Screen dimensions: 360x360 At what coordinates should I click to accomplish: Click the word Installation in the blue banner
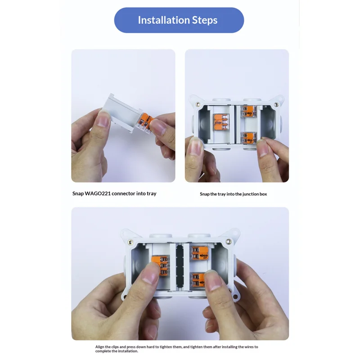pyautogui.click(x=164, y=20)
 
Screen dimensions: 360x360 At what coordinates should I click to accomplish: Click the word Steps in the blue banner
pyautogui.click(x=205, y=21)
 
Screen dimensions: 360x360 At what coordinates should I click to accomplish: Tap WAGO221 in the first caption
pyautogui.click(x=97, y=193)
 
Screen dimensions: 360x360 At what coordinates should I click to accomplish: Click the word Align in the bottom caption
pyautogui.click(x=99, y=347)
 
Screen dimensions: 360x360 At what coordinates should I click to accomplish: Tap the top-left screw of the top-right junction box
pyautogui.click(x=198, y=104)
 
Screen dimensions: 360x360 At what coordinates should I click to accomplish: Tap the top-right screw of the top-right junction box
pyautogui.click(x=277, y=104)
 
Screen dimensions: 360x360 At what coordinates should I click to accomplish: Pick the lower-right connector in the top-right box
pyautogui.click(x=249, y=138)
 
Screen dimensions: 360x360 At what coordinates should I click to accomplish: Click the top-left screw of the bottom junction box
pyautogui.click(x=130, y=242)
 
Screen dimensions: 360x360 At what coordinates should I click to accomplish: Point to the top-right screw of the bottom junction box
pyautogui.click(x=229, y=241)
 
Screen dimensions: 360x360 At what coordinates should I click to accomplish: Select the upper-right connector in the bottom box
pyautogui.click(x=199, y=253)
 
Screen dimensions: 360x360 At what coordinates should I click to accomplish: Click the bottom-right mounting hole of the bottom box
pyautogui.click(x=235, y=297)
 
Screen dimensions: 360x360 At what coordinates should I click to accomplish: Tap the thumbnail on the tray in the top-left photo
pyautogui.click(x=103, y=118)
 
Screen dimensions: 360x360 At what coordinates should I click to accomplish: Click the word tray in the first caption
pyautogui.click(x=152, y=194)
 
